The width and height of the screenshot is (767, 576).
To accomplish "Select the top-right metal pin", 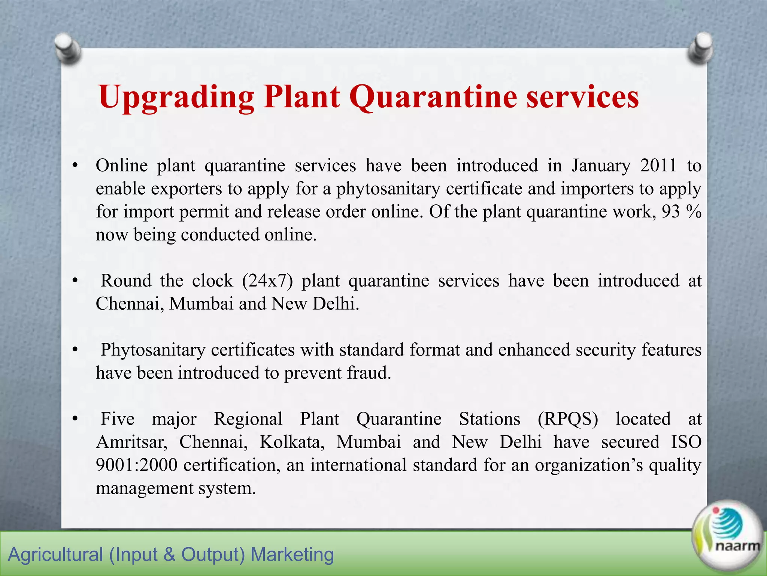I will click(x=700, y=48).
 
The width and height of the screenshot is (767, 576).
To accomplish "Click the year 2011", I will click(x=658, y=166).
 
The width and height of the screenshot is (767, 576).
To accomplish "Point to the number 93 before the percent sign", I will click(x=670, y=212).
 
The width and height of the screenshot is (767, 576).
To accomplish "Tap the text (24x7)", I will click(x=267, y=281).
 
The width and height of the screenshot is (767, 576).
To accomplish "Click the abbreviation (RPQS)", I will click(x=568, y=419).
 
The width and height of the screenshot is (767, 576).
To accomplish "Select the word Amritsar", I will click(x=131, y=442).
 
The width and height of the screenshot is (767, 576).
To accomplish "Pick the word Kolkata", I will click(x=292, y=442).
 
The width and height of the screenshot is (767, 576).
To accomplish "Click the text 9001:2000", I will click(x=136, y=465).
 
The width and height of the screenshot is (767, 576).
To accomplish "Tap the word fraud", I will click(x=369, y=373).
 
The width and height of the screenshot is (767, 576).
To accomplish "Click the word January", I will click(x=601, y=166).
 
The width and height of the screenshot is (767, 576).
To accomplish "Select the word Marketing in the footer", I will click(x=292, y=555).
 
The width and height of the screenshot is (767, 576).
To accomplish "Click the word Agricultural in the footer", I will click(x=55, y=555).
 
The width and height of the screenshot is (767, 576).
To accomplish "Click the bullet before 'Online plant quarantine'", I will click(x=75, y=166).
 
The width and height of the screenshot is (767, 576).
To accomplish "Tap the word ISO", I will click(x=686, y=442).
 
